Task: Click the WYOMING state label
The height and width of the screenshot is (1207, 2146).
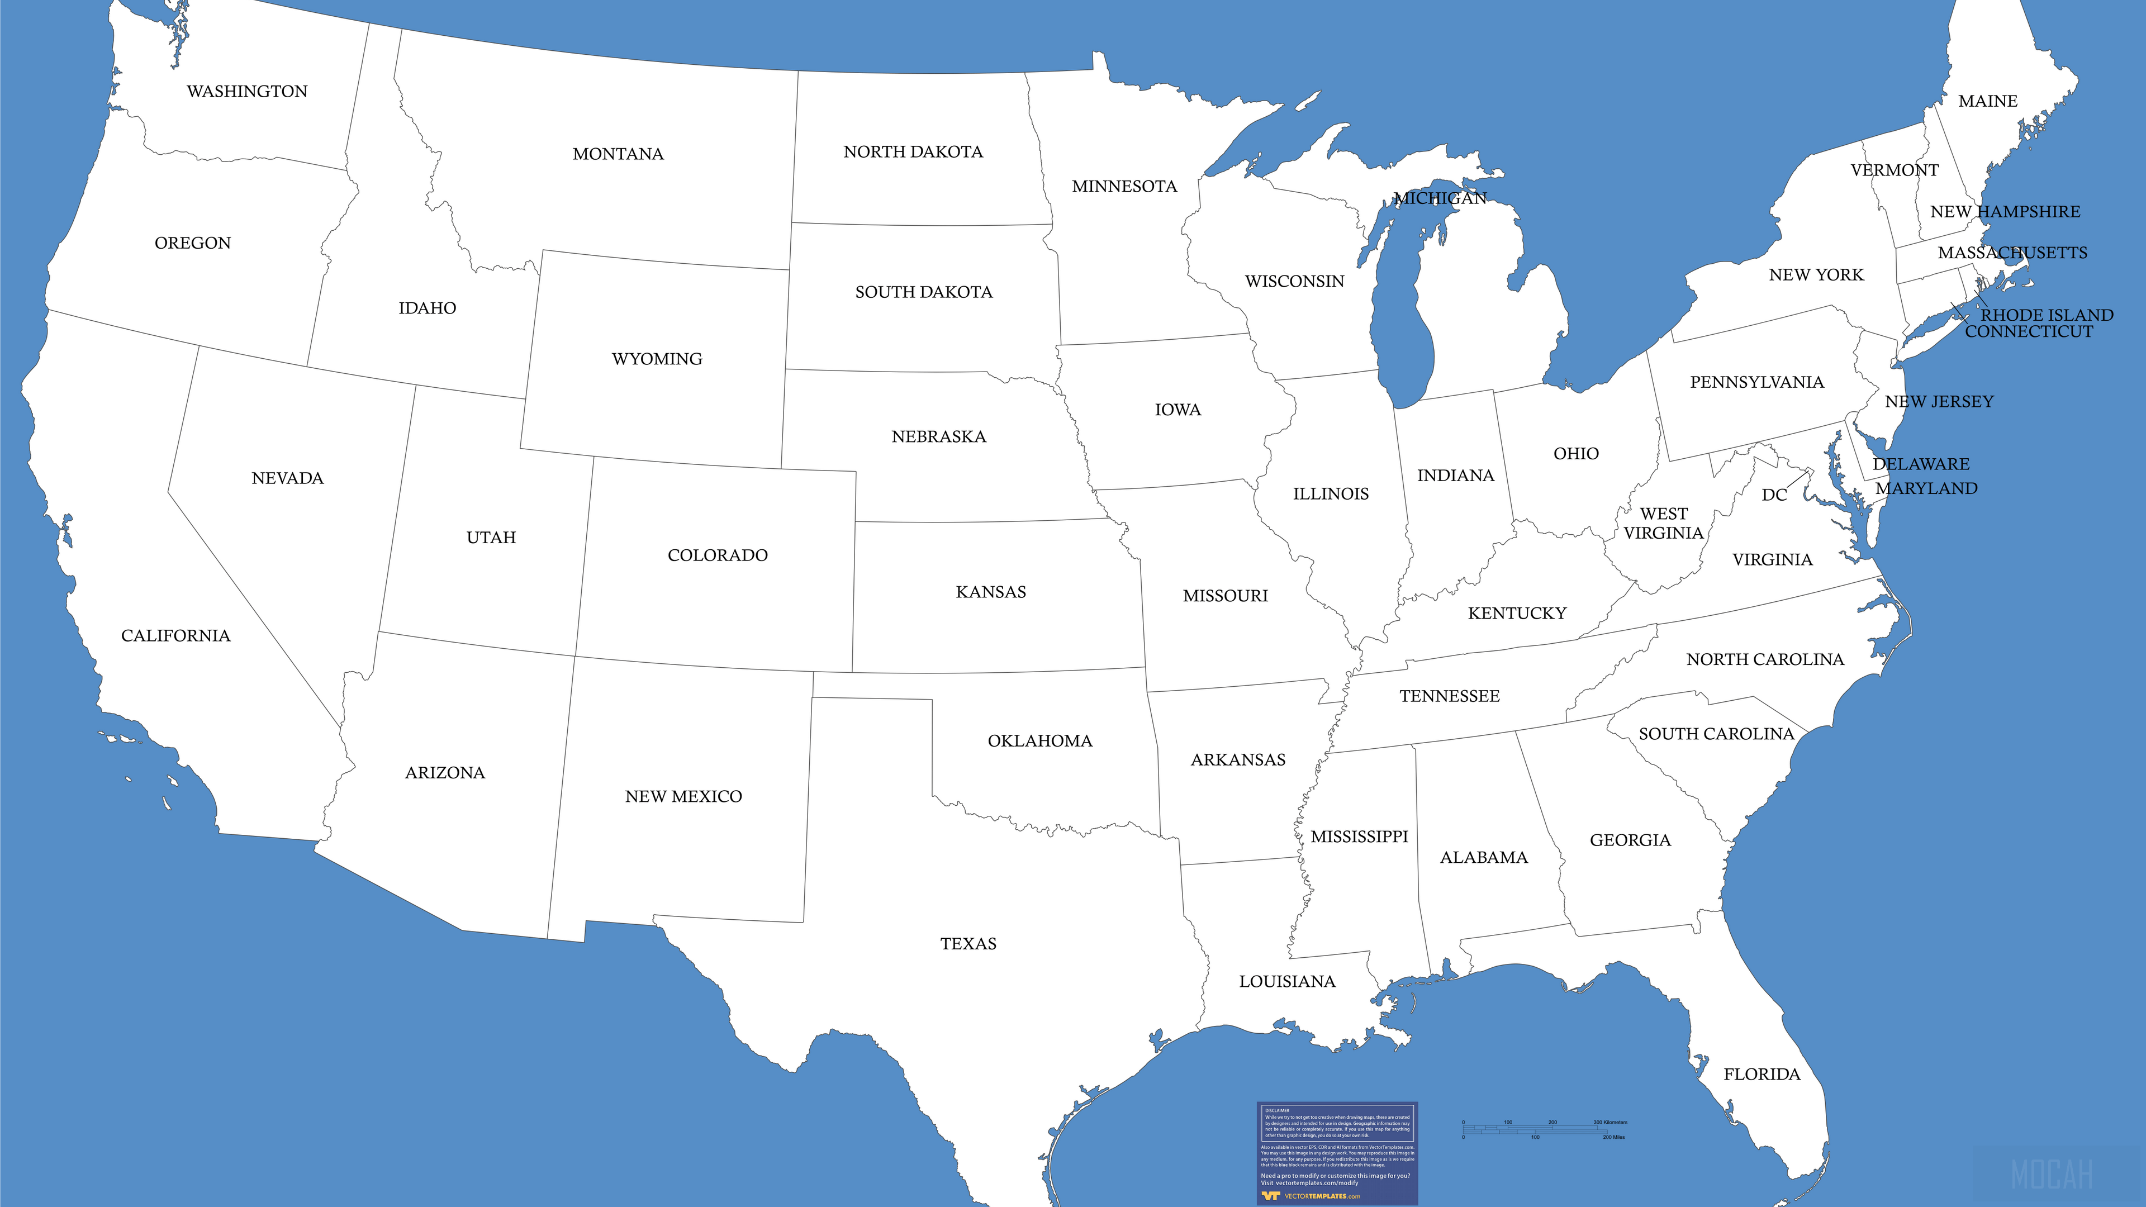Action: tap(657, 359)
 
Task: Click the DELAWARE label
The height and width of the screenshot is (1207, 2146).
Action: tap(1921, 464)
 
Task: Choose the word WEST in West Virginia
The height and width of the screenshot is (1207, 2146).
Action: tap(1664, 514)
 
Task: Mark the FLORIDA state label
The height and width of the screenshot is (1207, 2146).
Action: tap(1762, 1075)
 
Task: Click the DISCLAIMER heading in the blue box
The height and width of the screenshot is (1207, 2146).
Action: tap(1276, 1110)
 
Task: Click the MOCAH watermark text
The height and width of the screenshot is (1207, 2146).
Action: tap(2052, 1175)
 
